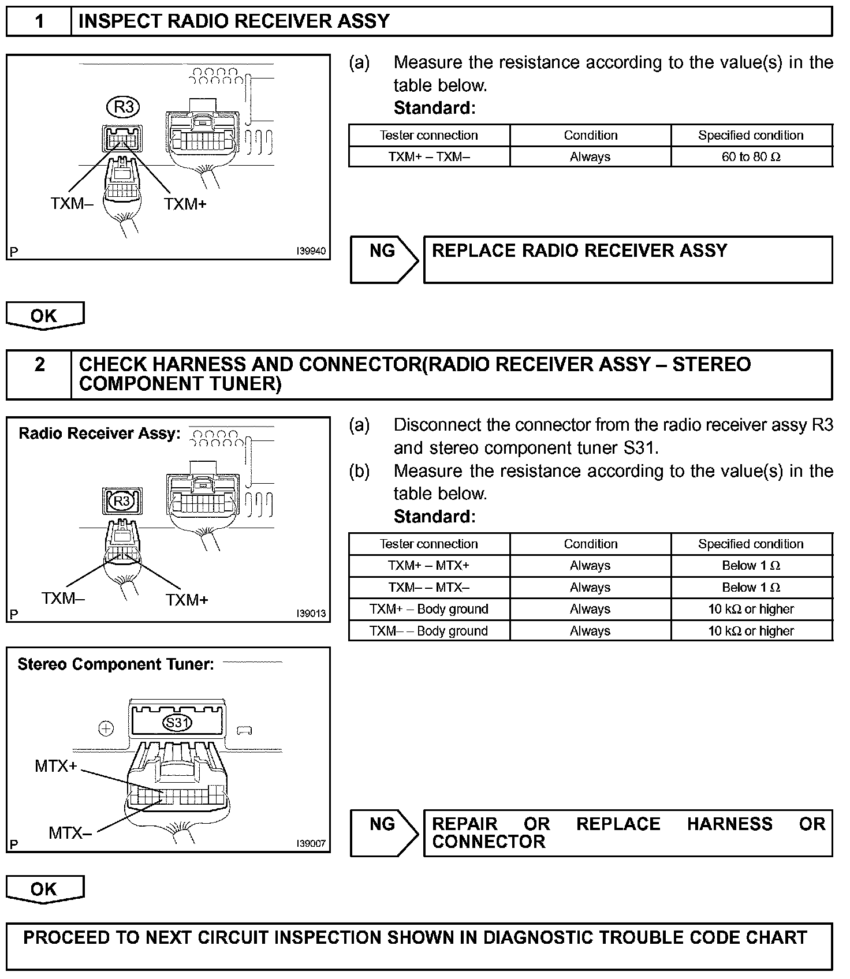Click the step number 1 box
pyautogui.click(x=39, y=21)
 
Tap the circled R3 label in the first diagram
pyautogui.click(x=124, y=107)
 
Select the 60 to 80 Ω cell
pyautogui.click(x=751, y=157)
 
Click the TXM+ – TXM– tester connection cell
pyautogui.click(x=429, y=157)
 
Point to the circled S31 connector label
pyautogui.click(x=177, y=723)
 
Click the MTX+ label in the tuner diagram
pyautogui.click(x=55, y=767)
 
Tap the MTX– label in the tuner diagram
pyautogui.click(x=70, y=833)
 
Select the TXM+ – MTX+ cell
pyautogui.click(x=429, y=566)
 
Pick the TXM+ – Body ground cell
pyautogui.click(x=429, y=609)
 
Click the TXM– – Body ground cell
pyautogui.click(x=429, y=631)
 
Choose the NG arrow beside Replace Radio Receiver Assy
pyautogui.click(x=383, y=259)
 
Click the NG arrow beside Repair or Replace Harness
pyautogui.click(x=383, y=832)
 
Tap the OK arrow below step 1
pyautogui.click(x=45, y=316)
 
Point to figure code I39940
pyautogui.click(x=311, y=252)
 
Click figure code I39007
pyautogui.click(x=311, y=844)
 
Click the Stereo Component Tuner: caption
pyautogui.click(x=115, y=664)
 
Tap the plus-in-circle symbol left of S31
pyautogui.click(x=106, y=729)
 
